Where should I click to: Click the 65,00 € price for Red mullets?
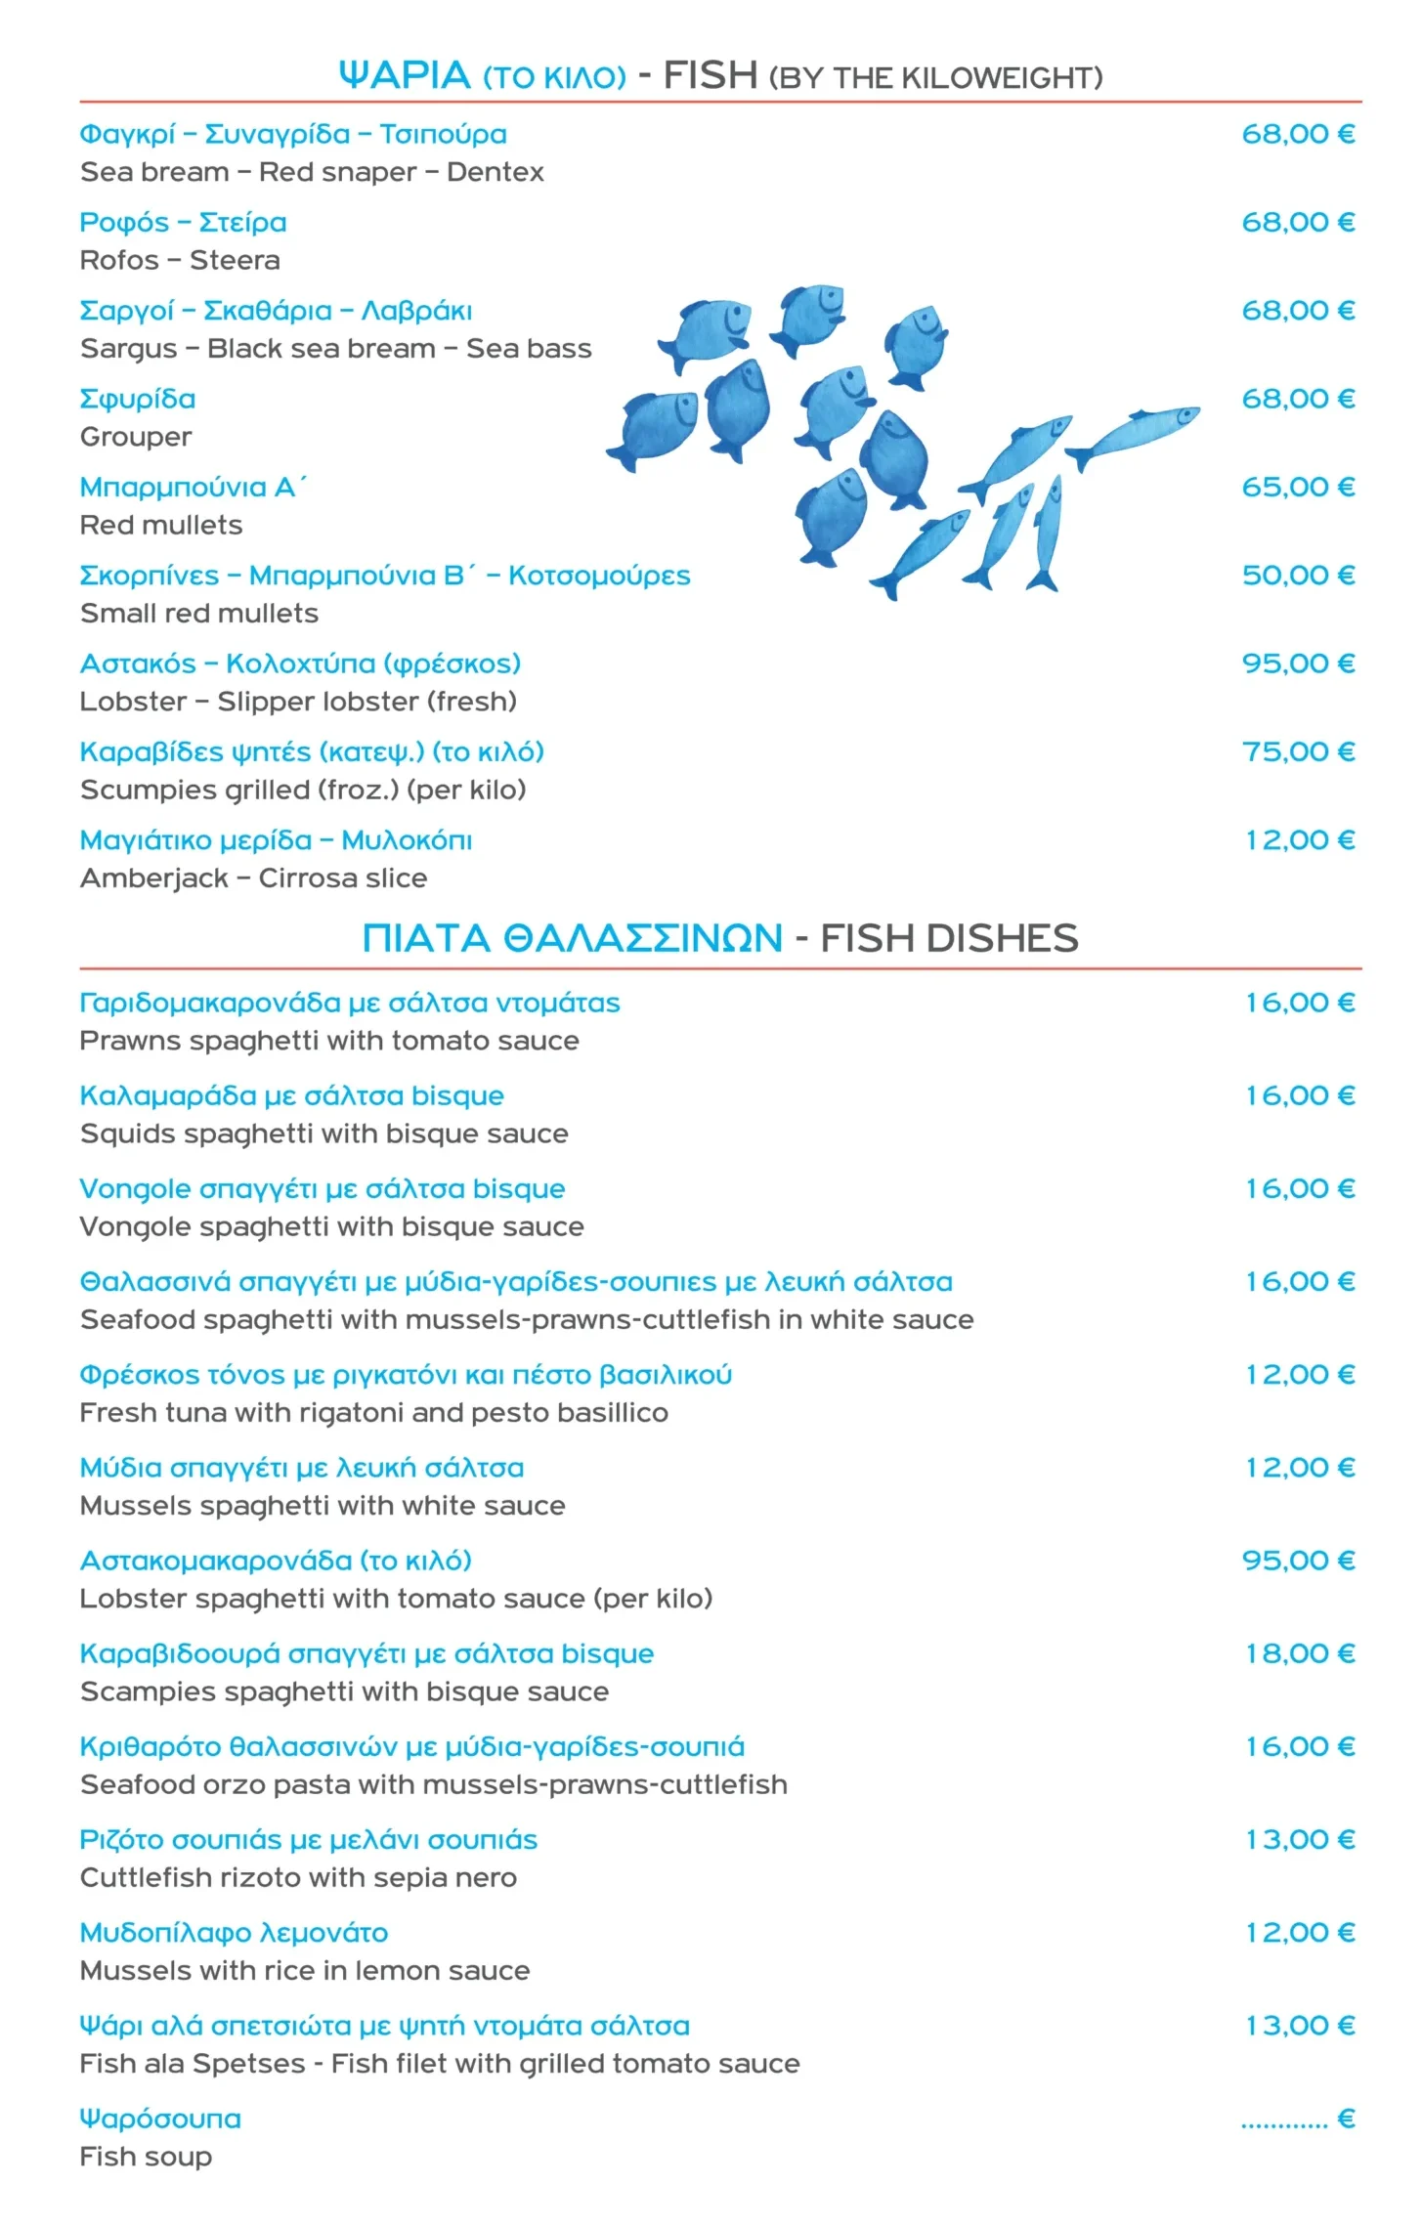pos(1297,487)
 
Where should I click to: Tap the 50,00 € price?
pos(1297,575)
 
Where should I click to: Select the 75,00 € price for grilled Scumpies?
pos(1297,751)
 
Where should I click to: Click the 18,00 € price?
pos(1299,1653)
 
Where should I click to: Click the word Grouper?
pos(136,437)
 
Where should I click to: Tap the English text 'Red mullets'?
pos(161,525)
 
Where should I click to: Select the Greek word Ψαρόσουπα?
pos(160,2119)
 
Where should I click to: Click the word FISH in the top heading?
pos(711,75)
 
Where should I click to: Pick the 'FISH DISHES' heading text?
pos(949,938)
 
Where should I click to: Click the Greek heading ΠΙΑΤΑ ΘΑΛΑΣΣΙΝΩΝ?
pos(572,938)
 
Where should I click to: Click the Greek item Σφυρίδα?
pos(138,399)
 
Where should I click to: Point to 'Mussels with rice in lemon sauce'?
pos(305,1971)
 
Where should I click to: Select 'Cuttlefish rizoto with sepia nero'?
pos(298,1878)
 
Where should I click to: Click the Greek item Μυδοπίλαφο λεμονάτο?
pos(234,1933)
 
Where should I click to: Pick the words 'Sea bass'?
pos(529,349)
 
